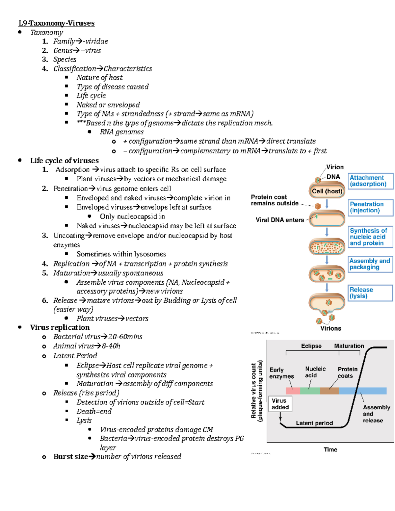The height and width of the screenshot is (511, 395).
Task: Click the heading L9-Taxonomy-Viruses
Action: (56, 23)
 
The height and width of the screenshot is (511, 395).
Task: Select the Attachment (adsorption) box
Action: (370, 181)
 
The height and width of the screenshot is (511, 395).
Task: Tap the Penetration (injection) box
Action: (370, 208)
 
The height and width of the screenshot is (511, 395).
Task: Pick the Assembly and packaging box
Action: (370, 264)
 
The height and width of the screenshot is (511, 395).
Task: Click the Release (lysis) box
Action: (370, 293)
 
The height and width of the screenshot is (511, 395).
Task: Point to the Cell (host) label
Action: (327, 191)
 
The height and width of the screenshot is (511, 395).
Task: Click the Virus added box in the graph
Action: (280, 404)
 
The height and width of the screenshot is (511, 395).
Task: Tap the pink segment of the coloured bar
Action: (293, 391)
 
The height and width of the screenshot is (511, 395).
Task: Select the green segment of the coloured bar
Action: (310, 391)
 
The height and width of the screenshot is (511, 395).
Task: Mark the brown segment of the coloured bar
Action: (329, 391)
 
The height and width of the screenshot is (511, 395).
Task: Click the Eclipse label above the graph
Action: (311, 346)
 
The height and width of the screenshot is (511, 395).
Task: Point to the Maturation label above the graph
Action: (349, 346)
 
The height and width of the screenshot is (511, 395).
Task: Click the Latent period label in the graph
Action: (314, 423)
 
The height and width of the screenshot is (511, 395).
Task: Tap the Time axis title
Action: (330, 450)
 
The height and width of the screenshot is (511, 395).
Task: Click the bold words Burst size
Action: (71, 457)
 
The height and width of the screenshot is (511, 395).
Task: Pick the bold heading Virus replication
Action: (60, 327)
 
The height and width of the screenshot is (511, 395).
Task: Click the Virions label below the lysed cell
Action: (330, 328)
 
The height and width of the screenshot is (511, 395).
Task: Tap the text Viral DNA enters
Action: (279, 220)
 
